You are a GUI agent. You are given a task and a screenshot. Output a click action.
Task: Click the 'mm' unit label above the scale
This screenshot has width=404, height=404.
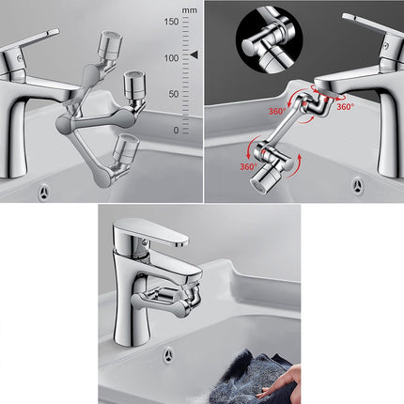[190, 9]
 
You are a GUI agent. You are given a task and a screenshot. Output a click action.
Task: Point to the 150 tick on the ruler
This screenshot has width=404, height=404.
[171, 21]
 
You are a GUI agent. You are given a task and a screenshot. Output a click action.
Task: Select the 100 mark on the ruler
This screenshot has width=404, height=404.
[171, 57]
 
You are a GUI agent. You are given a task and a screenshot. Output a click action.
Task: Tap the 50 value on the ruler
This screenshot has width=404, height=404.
[174, 94]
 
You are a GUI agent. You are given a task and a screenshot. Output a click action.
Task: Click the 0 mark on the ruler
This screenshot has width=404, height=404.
[176, 130]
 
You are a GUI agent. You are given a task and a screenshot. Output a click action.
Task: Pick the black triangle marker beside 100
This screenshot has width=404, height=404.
[194, 56]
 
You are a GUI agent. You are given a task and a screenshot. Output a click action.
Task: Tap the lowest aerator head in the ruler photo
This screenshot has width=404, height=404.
[123, 148]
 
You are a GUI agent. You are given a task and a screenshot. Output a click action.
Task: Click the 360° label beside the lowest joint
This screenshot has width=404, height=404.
[246, 167]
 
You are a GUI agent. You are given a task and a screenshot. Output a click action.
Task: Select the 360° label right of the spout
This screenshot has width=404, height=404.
[345, 107]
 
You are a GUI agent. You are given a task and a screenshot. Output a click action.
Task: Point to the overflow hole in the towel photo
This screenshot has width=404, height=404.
[167, 355]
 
